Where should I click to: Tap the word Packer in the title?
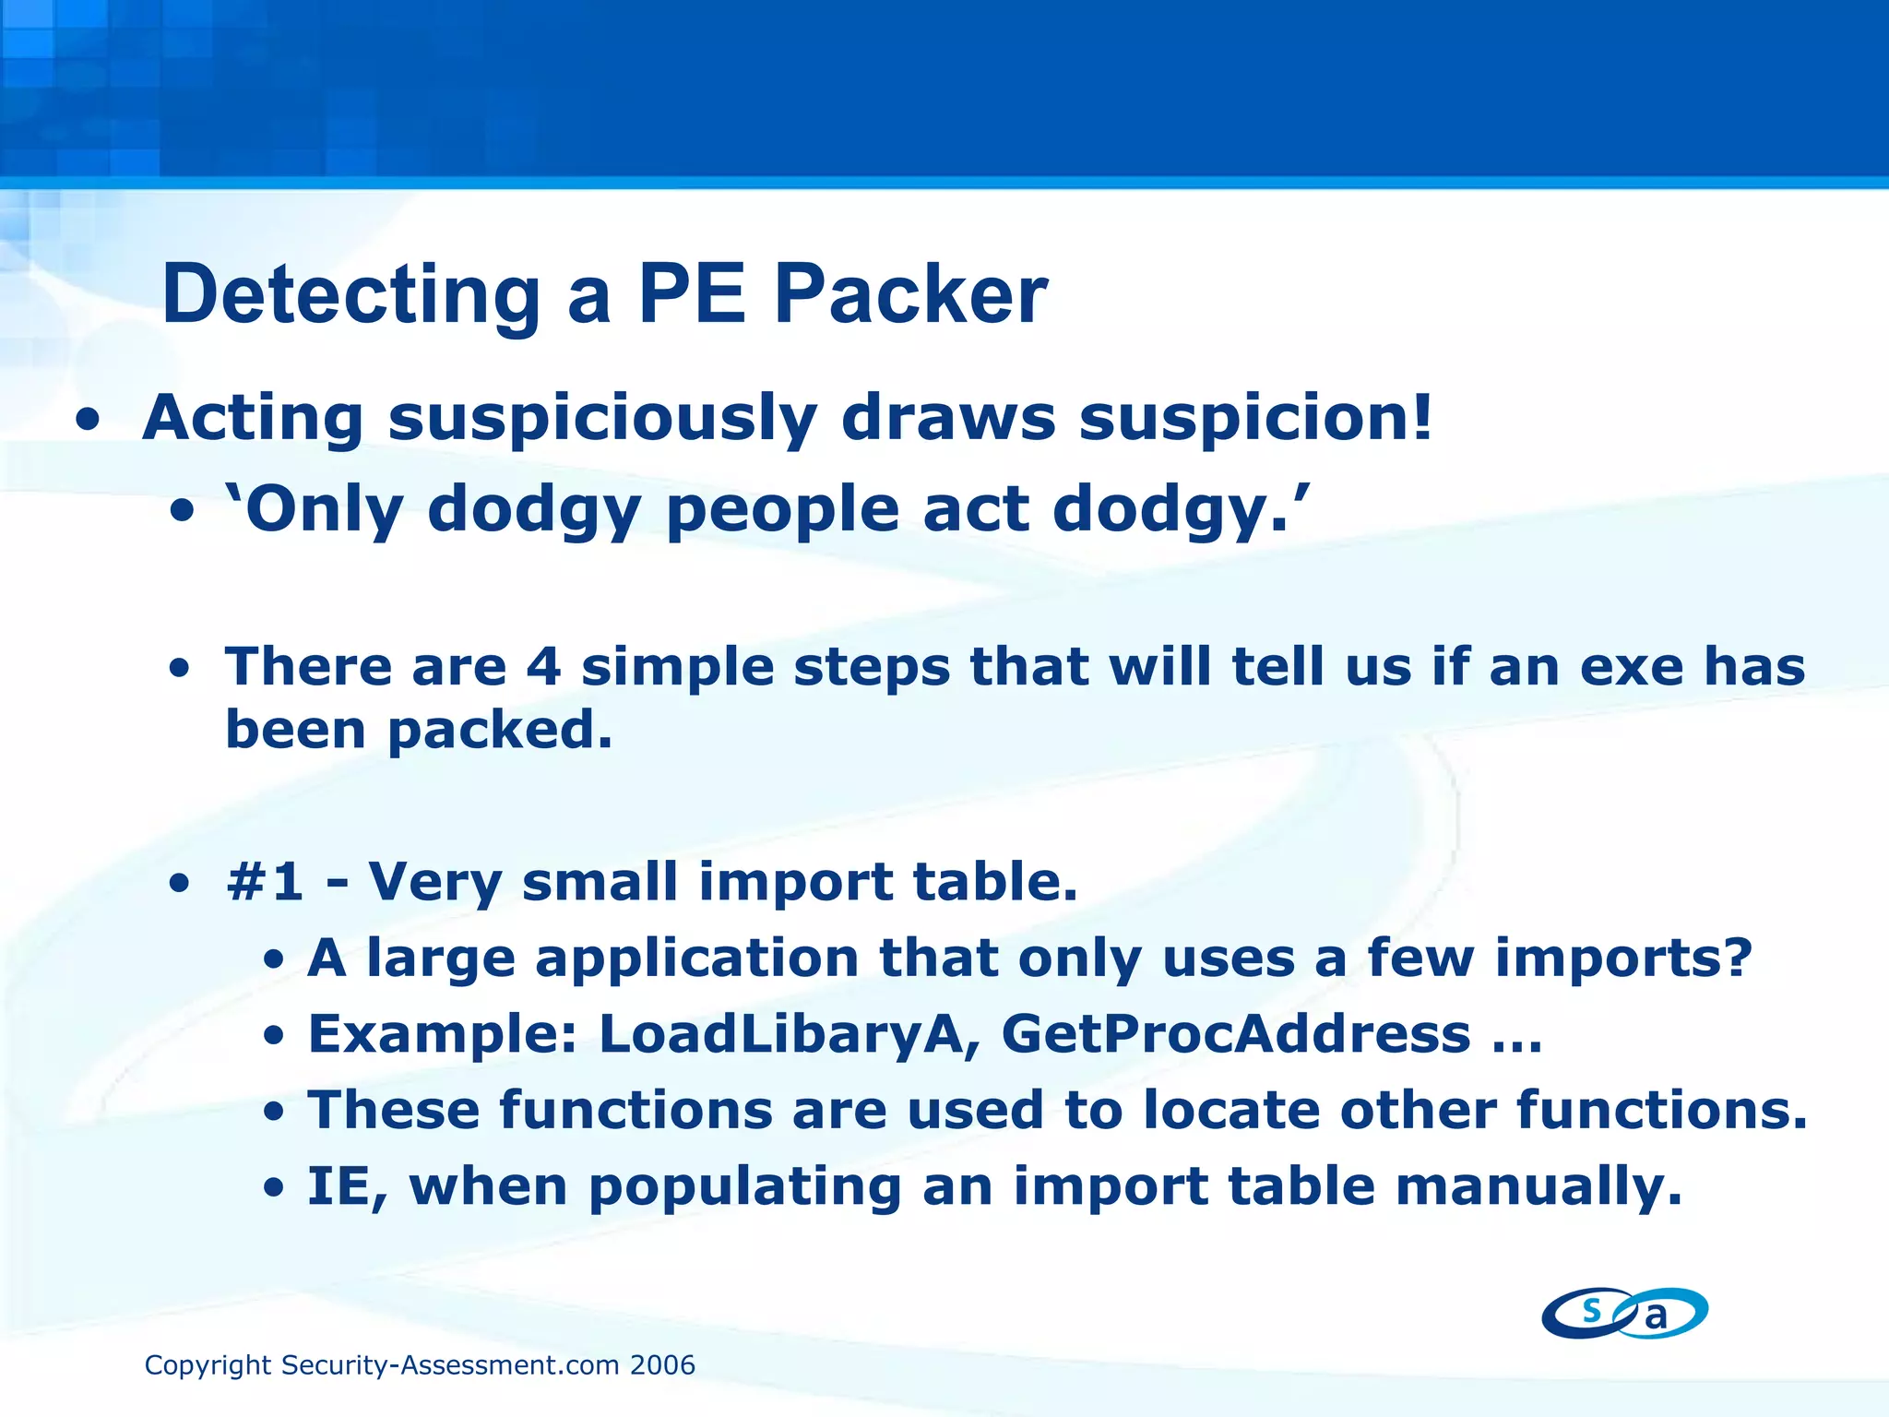(910, 295)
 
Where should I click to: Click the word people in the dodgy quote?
(782, 510)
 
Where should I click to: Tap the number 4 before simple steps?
(543, 667)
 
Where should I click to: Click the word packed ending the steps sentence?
(499, 732)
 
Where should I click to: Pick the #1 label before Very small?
(265, 881)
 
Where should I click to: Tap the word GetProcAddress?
(1236, 1034)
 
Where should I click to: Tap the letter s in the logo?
(1591, 1309)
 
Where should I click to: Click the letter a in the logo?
(1657, 1317)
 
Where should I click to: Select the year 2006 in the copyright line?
(662, 1365)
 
